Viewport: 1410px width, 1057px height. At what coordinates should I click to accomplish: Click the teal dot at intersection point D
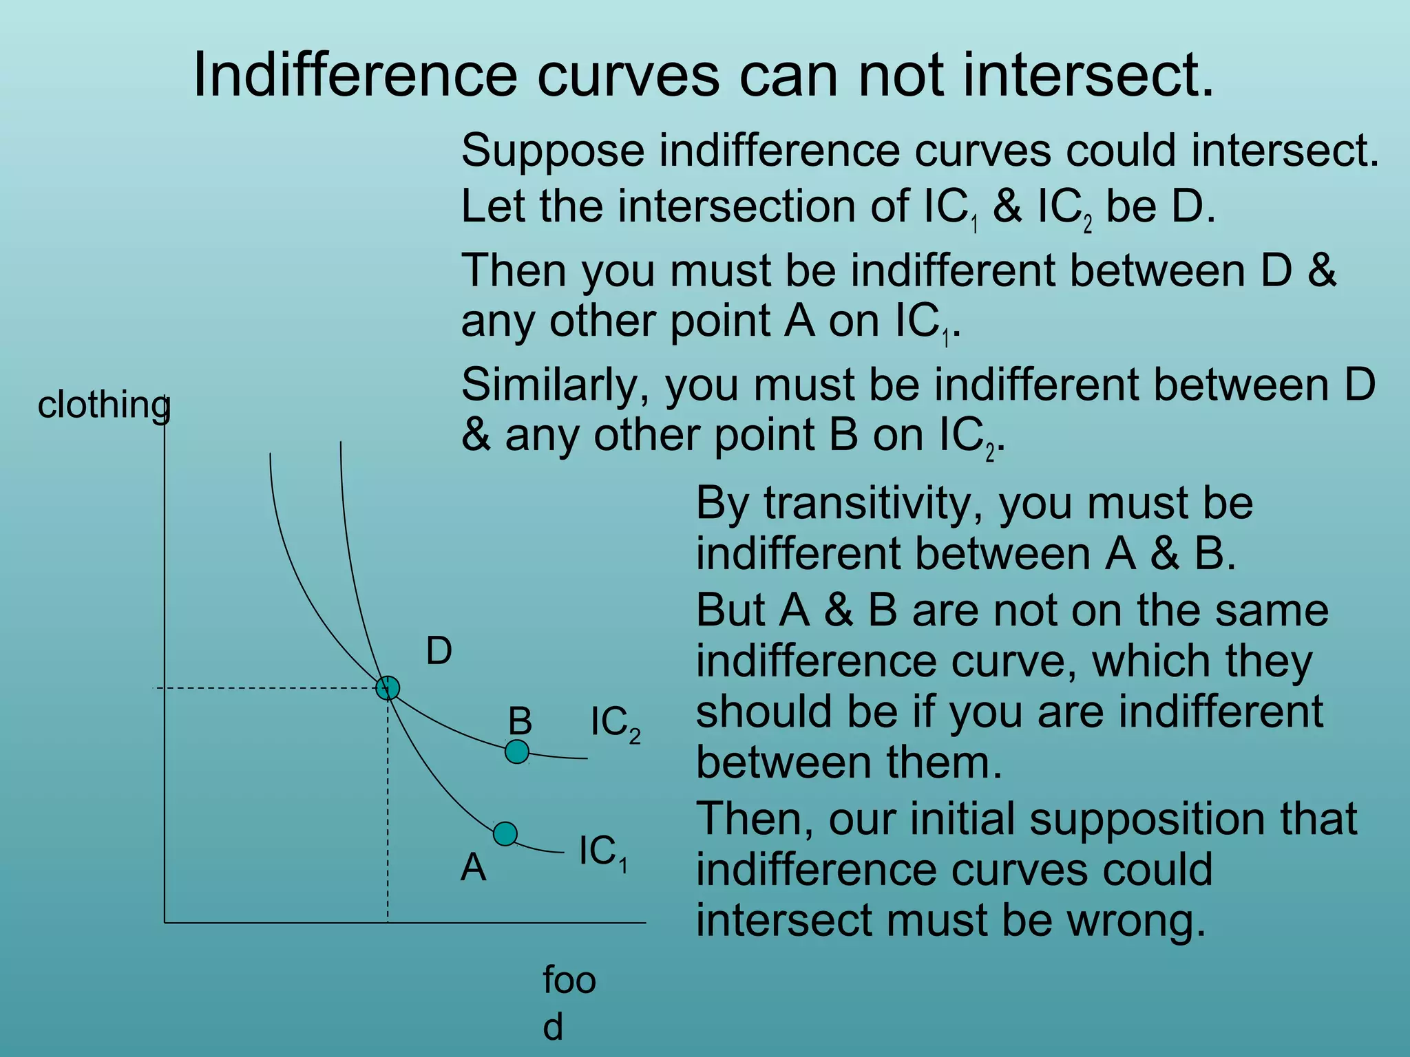(x=388, y=687)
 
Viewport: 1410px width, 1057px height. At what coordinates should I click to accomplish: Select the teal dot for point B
(x=517, y=751)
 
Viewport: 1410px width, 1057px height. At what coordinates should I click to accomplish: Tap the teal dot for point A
(x=505, y=834)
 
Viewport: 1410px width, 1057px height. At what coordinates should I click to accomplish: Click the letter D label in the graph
(x=439, y=651)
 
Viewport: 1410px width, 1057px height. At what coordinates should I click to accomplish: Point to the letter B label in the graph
(x=520, y=721)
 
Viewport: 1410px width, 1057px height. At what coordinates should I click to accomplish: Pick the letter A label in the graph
(x=473, y=867)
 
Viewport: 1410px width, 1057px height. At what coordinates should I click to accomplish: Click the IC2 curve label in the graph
(x=615, y=724)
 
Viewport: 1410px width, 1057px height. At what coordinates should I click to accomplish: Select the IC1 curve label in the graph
(x=603, y=852)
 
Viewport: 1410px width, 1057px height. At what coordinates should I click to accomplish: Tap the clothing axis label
(x=104, y=405)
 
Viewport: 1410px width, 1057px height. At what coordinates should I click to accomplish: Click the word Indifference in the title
(x=355, y=75)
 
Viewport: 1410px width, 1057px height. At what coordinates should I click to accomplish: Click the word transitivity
(x=873, y=504)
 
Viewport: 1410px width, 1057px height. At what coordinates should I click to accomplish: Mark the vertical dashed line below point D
(x=388, y=812)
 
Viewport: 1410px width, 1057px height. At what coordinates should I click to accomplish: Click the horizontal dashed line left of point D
(x=269, y=687)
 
